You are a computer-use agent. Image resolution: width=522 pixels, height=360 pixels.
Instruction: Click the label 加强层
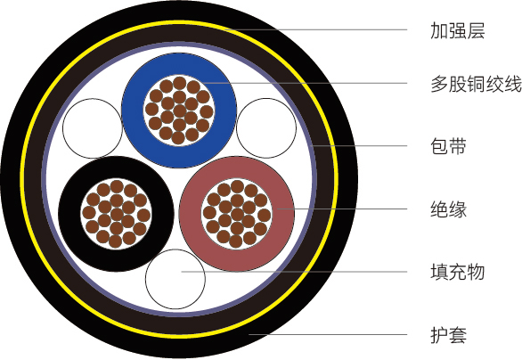pos(457,30)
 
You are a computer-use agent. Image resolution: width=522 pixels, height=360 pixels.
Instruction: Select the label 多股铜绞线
pos(476,84)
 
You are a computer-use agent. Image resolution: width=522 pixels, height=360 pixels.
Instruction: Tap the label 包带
pos(448,146)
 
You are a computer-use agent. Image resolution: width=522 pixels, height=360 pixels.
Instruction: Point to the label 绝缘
pos(448,209)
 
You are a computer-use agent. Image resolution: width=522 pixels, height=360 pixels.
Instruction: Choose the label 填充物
pos(457,272)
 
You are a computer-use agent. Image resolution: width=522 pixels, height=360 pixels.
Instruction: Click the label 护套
pos(448,335)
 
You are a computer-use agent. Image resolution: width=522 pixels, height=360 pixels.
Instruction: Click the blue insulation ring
pos(133,110)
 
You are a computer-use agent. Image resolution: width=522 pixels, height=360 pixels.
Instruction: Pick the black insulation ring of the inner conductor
pos(69,214)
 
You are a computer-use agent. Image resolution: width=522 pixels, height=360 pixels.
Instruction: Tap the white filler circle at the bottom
pos(175,279)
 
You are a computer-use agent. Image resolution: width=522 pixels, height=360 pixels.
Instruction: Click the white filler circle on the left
pos(93,128)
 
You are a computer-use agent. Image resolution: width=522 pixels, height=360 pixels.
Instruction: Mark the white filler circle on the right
pos(266,128)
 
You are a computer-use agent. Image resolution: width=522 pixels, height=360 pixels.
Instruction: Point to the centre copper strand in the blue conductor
pos(179,110)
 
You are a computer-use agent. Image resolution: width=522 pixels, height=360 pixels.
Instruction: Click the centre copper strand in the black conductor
pos(117,214)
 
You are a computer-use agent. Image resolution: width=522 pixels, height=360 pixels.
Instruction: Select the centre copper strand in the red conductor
pos(237,214)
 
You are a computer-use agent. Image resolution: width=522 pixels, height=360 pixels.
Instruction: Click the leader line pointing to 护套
pos(328,334)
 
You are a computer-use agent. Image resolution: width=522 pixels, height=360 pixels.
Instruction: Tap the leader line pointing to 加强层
pos(315,29)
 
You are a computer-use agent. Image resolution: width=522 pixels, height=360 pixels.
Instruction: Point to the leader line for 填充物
pos(294,272)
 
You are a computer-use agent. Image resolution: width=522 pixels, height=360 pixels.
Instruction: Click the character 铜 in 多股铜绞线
pos(476,84)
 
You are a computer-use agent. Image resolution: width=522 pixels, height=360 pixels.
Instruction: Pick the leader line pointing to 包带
pos(358,145)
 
